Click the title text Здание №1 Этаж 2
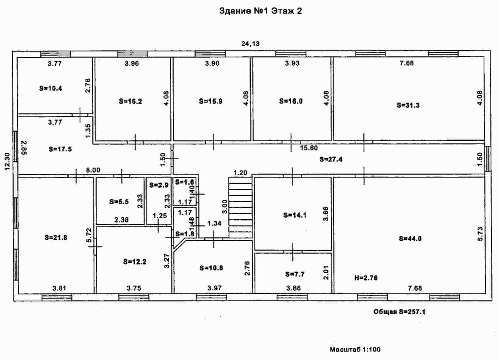261,11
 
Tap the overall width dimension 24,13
251,44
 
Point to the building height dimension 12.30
8,161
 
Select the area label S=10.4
51,88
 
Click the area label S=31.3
408,105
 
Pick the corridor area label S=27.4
331,159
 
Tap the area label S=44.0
410,239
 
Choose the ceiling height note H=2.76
366,278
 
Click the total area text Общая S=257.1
399,312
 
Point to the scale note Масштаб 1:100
355,349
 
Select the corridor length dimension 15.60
309,148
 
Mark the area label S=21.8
56,238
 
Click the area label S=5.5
119,202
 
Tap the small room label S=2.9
159,185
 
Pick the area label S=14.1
295,215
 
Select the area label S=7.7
295,274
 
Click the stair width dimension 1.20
240,173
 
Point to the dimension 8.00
93,170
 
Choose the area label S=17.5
60,149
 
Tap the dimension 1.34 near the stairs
214,223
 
